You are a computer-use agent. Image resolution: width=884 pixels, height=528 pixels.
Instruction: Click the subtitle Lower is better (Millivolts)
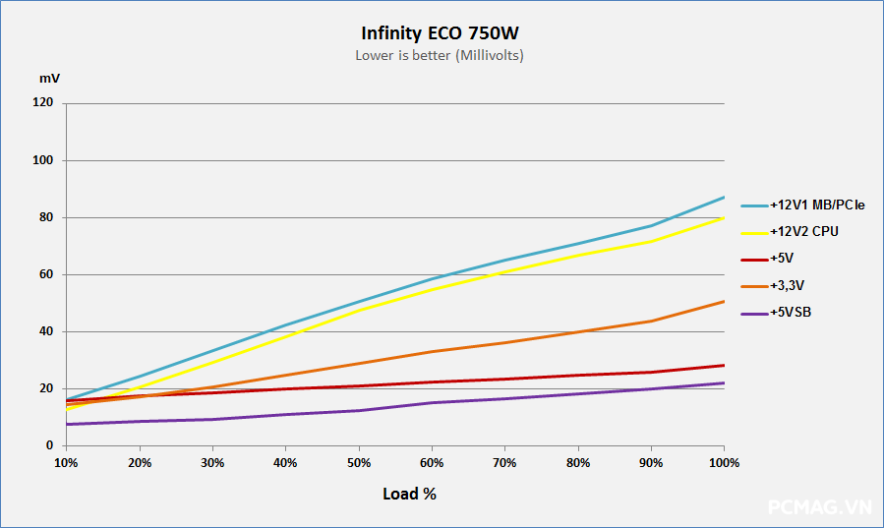440,55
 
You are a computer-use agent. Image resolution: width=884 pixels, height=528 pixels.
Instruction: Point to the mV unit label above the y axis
48,77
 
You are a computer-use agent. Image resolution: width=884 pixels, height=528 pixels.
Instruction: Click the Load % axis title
409,494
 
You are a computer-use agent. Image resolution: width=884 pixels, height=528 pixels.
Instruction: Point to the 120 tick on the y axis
43,103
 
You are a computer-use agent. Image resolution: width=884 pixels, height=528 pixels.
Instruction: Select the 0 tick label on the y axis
49,445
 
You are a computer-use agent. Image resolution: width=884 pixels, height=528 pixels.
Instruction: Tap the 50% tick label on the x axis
359,462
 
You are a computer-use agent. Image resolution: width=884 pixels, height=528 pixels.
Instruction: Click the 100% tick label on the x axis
724,462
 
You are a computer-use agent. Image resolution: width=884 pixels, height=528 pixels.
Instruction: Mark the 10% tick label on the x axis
66,462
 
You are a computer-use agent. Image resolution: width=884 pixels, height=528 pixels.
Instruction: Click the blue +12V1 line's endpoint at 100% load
724,198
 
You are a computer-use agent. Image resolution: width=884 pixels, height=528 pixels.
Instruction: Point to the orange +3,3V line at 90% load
651,321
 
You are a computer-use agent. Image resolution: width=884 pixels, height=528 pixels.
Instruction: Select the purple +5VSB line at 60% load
432,402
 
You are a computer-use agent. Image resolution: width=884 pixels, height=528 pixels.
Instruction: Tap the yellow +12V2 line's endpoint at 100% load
724,217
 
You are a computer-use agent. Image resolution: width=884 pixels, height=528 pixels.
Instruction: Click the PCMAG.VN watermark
819,507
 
